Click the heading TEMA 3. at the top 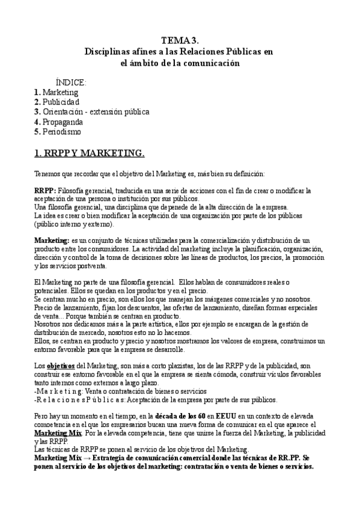tap(180, 40)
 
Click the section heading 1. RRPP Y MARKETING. tap(90, 153)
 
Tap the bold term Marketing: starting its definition tap(52, 241)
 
